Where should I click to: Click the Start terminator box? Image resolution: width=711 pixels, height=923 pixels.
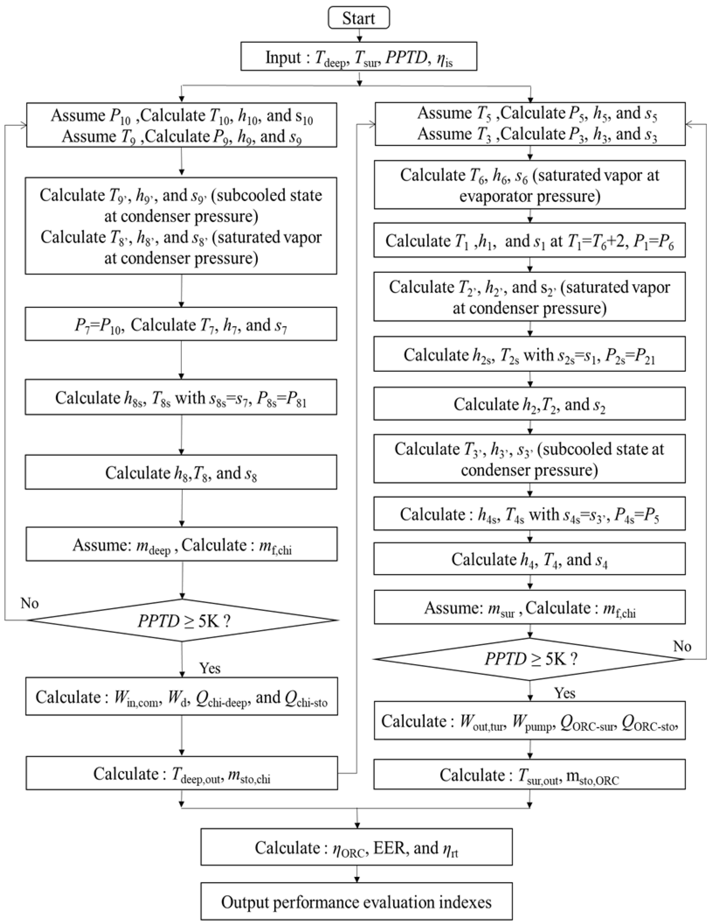click(359, 18)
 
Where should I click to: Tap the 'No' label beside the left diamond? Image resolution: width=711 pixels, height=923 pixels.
click(30, 603)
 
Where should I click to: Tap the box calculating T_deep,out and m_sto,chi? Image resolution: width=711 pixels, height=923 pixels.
click(182, 773)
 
